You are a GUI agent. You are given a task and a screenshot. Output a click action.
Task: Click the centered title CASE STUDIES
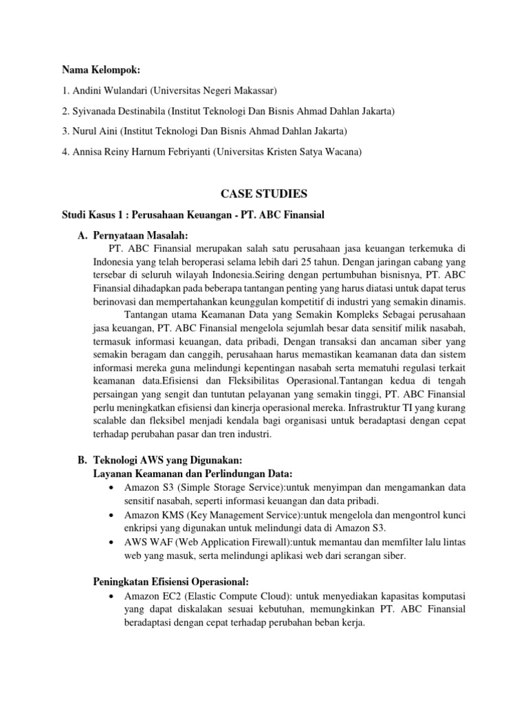264,195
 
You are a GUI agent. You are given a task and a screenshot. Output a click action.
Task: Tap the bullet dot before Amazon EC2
111,596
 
